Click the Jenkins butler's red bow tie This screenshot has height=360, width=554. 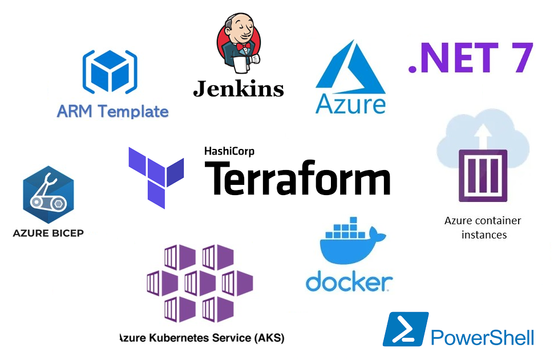[244, 46]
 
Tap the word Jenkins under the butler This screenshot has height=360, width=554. [238, 88]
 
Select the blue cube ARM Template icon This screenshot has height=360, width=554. [110, 72]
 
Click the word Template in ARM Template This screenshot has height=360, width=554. [133, 111]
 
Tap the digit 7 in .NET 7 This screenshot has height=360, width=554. [519, 58]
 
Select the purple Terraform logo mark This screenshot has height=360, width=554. [156, 177]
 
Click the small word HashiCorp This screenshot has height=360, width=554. [229, 151]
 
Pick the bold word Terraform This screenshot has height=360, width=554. [297, 177]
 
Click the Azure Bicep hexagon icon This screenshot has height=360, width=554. [48, 195]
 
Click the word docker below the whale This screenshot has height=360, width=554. [349, 281]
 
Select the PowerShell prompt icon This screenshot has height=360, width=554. [406, 329]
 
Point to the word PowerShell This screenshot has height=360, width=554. [482, 337]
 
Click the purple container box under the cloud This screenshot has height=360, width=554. [483, 176]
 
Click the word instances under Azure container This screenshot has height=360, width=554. [484, 235]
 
